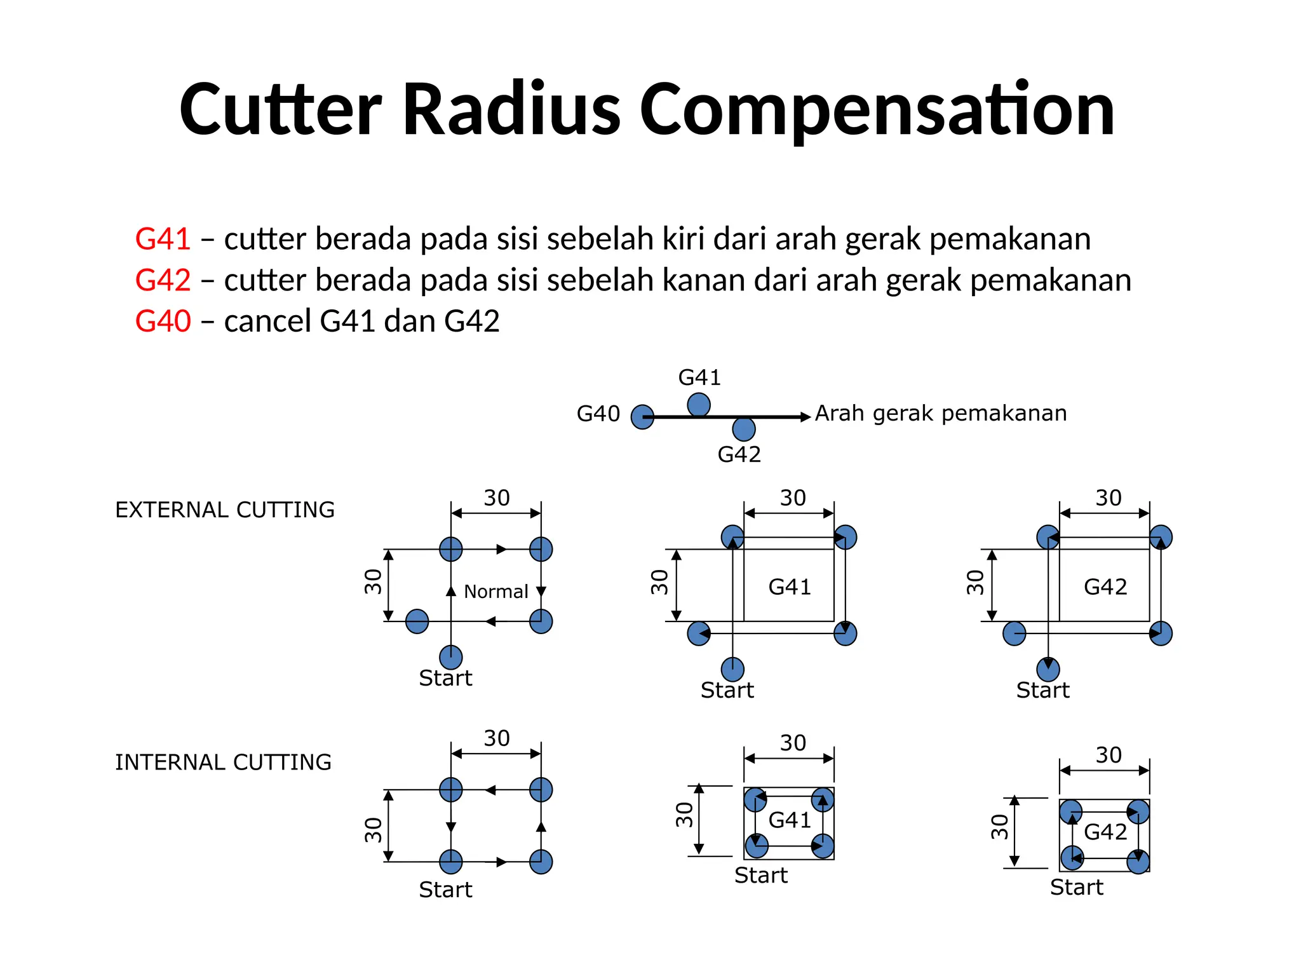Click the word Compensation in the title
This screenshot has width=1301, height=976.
tap(877, 111)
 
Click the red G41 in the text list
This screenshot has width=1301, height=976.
tap(163, 240)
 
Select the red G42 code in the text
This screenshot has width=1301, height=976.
tap(163, 280)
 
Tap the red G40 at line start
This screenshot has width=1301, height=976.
tap(163, 321)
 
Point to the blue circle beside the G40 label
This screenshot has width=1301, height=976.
tap(642, 417)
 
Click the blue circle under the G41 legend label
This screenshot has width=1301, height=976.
tap(699, 404)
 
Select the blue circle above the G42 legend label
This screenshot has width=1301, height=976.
tap(744, 430)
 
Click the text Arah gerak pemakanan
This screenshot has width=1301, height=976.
tap(941, 414)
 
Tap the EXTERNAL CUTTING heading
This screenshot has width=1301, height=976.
tap(225, 510)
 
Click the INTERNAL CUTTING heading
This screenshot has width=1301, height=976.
tap(223, 762)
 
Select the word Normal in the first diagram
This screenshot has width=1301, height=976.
tap(495, 592)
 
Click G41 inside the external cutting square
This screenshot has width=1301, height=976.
tap(790, 587)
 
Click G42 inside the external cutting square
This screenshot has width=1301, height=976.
tap(1105, 587)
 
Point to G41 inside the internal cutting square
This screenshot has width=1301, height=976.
tap(790, 820)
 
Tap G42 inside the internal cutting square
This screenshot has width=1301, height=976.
tap(1105, 832)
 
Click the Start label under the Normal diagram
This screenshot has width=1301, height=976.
tap(445, 679)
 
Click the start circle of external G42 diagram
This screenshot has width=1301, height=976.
tap(1048, 669)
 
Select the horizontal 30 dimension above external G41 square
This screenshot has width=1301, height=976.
tap(793, 498)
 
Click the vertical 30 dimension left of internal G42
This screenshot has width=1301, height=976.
tap(1000, 827)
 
